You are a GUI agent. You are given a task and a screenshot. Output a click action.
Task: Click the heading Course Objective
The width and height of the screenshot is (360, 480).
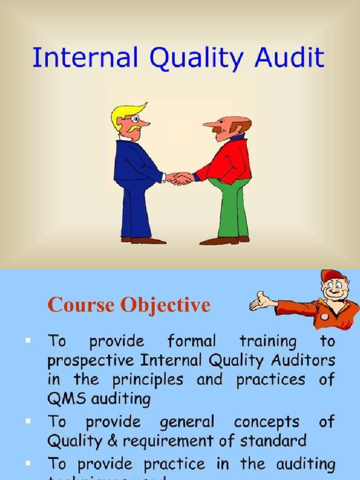click(x=129, y=305)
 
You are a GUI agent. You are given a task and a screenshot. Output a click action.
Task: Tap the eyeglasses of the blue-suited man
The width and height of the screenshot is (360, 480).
click(x=135, y=118)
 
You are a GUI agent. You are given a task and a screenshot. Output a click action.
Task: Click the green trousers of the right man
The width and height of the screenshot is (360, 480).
click(x=230, y=206)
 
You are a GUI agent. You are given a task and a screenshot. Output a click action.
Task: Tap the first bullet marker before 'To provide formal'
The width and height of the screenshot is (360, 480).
click(x=29, y=340)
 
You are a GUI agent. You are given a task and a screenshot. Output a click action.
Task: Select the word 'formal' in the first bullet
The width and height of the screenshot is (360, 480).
click(x=192, y=341)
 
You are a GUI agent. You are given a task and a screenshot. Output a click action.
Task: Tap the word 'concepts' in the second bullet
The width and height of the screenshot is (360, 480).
click(x=266, y=422)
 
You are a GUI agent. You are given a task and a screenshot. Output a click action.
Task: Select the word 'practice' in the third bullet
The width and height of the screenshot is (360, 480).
click(x=174, y=464)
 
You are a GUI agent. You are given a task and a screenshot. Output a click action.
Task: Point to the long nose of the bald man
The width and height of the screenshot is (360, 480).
click(x=211, y=124)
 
